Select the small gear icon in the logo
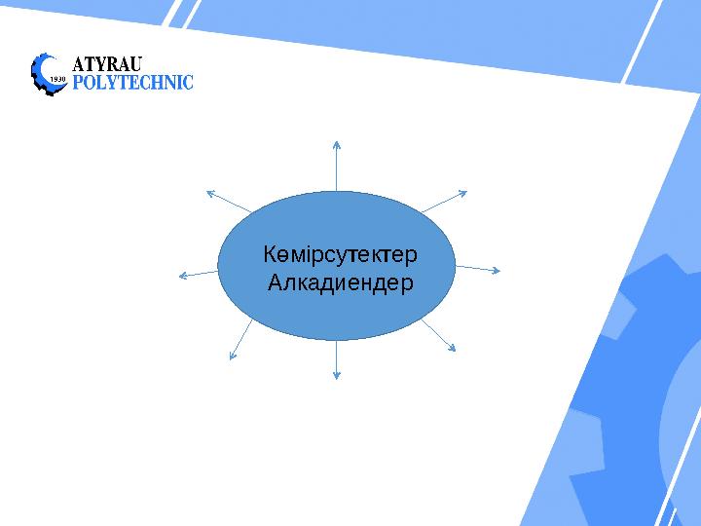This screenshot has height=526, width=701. (x=49, y=73)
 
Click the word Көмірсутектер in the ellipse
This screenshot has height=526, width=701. (x=340, y=255)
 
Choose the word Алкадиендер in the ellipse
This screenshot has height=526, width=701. (x=340, y=284)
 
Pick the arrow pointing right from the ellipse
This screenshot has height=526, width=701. (x=477, y=268)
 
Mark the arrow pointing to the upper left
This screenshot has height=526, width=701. (x=230, y=201)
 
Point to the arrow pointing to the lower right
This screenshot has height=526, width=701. (x=439, y=335)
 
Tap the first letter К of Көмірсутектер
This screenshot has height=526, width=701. (x=269, y=255)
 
